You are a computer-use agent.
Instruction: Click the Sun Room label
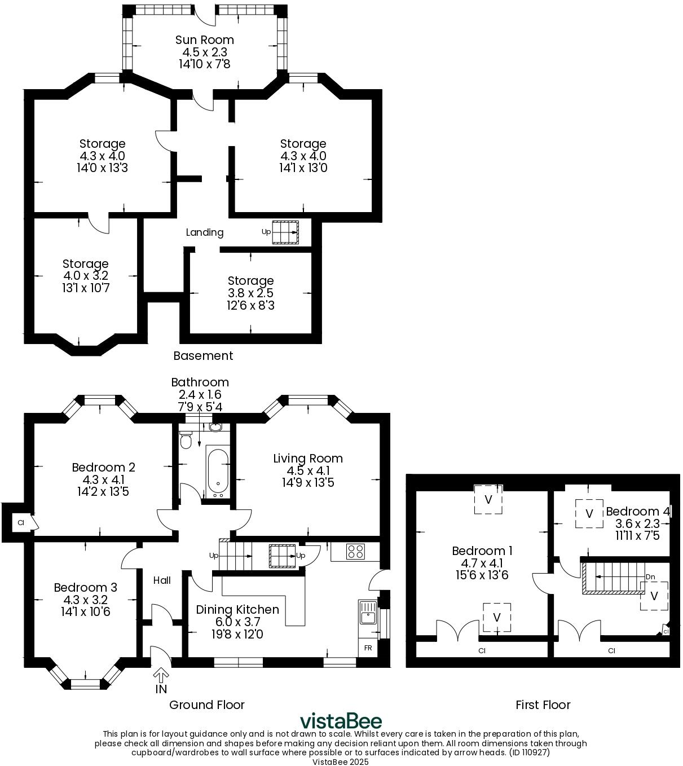tap(204, 40)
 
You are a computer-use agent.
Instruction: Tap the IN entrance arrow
tap(161, 675)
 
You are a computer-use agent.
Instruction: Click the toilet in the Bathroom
tap(186, 439)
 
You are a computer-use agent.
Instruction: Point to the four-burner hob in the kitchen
tap(355, 551)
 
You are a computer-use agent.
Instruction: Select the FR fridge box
tap(368, 648)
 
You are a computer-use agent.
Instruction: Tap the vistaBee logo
tap(341, 721)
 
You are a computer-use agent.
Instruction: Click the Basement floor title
tap(203, 356)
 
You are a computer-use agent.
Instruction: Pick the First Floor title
tap(543, 705)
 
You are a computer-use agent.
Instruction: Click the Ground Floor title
tap(207, 705)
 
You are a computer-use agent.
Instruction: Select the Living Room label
tap(308, 459)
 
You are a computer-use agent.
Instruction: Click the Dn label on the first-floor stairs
tap(650, 577)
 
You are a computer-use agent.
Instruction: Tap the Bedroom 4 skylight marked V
tap(589, 513)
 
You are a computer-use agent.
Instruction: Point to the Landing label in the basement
tap(205, 232)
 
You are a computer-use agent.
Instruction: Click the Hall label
tap(162, 580)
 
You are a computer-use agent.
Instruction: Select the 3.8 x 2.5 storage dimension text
tap(250, 293)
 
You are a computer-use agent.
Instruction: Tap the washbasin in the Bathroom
tap(215, 427)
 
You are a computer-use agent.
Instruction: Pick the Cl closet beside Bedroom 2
tap(21, 523)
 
